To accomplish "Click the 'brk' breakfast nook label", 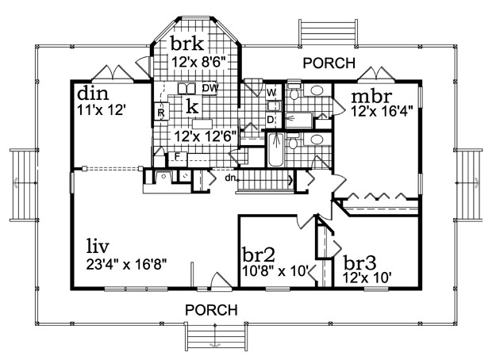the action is point(187,44).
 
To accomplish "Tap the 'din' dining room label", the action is point(93,94).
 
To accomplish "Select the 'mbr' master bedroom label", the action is point(371,96).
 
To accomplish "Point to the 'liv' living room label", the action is point(98,247).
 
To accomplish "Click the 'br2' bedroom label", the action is point(258,255).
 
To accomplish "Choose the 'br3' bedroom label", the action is point(360,262).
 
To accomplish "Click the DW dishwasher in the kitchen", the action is point(210,89).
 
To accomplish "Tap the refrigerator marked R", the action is point(161,112).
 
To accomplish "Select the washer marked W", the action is point(271,93).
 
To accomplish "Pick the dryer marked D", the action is point(271,120).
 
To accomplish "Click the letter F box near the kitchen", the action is point(178,156).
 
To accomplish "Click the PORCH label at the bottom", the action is point(211,310).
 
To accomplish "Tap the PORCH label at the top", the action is point(329,63).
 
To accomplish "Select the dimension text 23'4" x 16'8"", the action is point(126,264).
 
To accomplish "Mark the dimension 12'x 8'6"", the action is point(200,62).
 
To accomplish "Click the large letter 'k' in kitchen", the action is point(192,106).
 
